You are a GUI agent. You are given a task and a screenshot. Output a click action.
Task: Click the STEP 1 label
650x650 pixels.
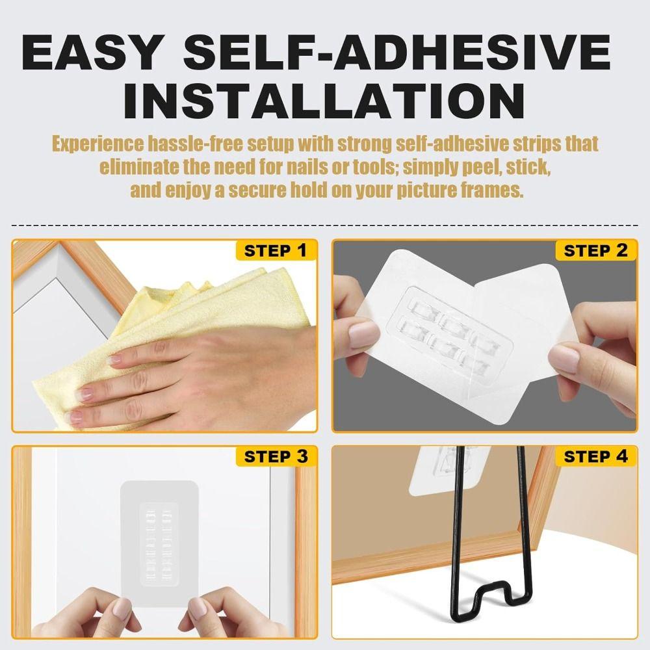(275, 250)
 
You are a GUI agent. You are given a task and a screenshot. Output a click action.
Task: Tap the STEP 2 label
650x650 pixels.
(595, 250)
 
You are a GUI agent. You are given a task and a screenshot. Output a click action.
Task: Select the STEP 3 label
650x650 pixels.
(275, 456)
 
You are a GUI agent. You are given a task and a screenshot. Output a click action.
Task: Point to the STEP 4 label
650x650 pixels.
(595, 456)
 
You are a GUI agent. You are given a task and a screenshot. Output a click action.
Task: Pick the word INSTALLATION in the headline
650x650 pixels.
(324, 101)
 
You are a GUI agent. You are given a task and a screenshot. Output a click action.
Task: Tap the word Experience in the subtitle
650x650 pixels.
(97, 144)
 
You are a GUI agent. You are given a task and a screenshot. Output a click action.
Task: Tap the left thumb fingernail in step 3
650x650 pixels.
(121, 609)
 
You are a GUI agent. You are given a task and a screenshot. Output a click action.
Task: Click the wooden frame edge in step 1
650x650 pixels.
(91, 273)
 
